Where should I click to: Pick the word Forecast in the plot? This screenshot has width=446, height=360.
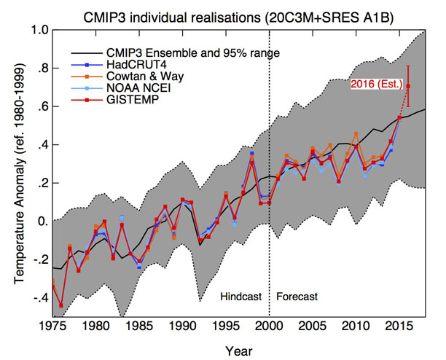297,297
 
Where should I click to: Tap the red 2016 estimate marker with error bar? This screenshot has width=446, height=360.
408,87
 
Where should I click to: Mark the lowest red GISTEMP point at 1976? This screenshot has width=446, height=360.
61,305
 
